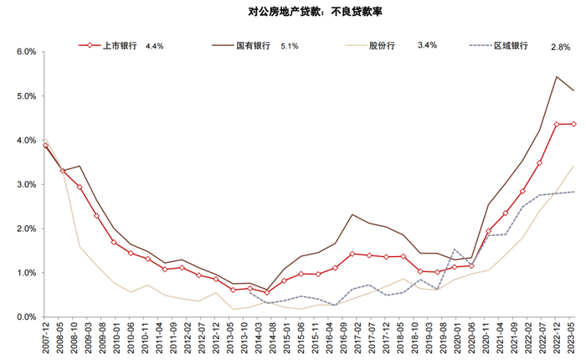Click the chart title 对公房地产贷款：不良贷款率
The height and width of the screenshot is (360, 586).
[x=292, y=13]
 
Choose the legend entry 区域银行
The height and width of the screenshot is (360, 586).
[x=511, y=45]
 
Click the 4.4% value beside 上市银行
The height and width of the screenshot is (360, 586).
[x=154, y=46]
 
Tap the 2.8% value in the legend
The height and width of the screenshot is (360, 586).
[x=561, y=46]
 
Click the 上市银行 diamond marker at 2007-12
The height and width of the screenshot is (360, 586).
[x=45, y=146]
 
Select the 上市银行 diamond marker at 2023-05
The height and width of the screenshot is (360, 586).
[x=572, y=124]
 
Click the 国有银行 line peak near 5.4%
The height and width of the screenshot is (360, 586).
[x=557, y=76]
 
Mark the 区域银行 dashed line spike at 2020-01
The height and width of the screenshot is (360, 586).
[x=454, y=249]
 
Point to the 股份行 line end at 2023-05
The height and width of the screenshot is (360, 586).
[x=573, y=166]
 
